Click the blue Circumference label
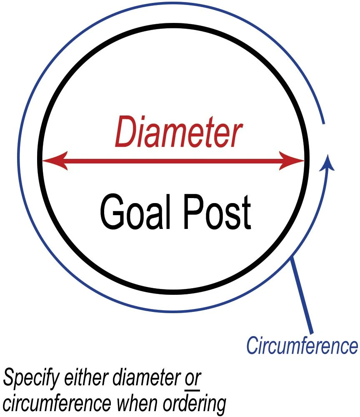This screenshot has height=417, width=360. [x=302, y=346]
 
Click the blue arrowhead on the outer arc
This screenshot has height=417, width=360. [x=328, y=162]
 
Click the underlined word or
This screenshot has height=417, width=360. [x=193, y=379]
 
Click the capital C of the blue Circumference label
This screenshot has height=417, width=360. [x=251, y=346]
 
